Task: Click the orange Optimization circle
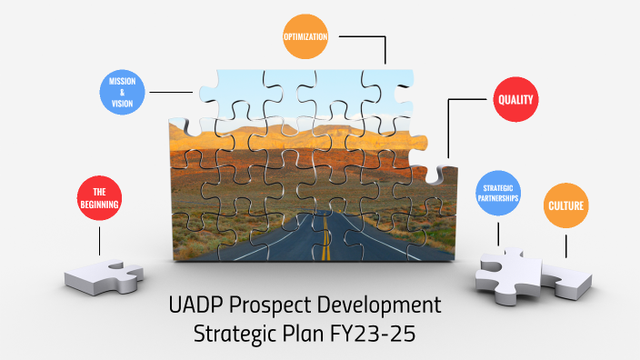click(305, 37)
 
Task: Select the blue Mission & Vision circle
click(122, 92)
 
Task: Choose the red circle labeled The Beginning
click(99, 198)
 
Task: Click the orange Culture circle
click(565, 206)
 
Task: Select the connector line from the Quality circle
click(465, 99)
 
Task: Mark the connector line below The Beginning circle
click(99, 240)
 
